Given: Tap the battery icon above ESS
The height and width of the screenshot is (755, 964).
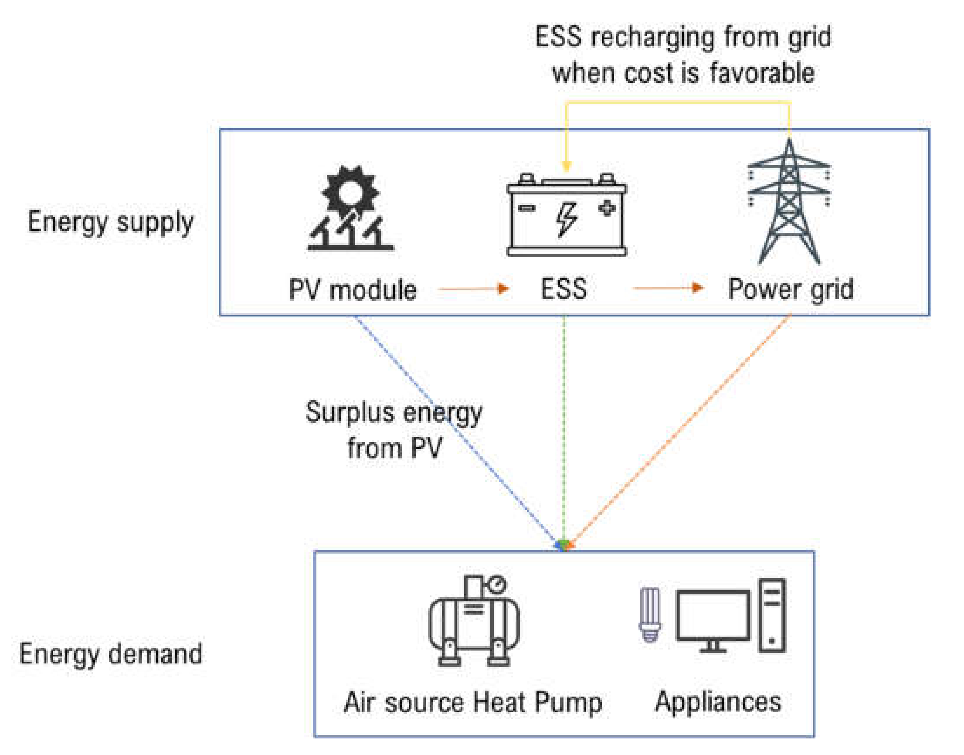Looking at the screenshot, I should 566,215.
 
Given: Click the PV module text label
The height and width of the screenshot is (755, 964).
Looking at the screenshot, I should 352,290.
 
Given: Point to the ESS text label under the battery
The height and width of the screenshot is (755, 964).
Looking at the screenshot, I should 564,289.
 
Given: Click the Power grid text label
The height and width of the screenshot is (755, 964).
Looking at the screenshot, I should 791,289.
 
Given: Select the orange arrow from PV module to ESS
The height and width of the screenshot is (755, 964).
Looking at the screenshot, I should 473,289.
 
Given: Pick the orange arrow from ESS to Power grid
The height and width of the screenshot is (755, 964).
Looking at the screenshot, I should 668,288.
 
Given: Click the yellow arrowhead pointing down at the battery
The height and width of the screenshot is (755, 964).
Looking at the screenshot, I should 567,166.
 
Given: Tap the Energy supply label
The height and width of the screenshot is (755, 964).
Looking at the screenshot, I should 111,222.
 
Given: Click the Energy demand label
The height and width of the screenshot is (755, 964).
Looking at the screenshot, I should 111,655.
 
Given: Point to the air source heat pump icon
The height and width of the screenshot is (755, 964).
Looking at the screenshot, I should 474,621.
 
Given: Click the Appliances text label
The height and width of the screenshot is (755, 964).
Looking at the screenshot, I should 718,702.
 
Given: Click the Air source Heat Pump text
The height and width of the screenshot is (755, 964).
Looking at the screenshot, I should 473,703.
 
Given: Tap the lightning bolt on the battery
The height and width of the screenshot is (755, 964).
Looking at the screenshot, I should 566,220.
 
